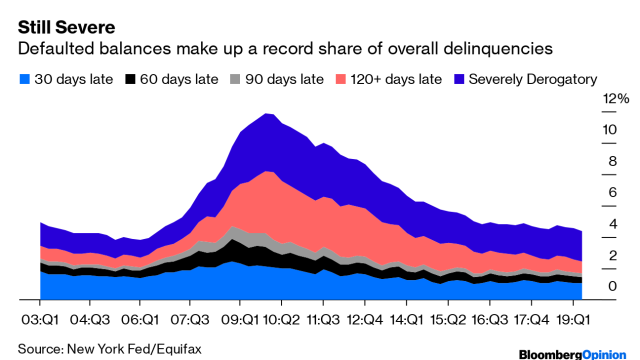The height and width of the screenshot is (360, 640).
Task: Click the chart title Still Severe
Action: tap(66, 27)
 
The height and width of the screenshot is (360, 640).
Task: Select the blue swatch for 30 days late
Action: tap(24, 79)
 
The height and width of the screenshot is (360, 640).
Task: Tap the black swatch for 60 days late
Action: tap(130, 79)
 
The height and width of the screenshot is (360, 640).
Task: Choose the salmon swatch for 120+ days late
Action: tap(341, 79)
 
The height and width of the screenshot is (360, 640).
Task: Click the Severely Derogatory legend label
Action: tap(533, 79)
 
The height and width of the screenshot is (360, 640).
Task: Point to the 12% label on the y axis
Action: tap(615, 99)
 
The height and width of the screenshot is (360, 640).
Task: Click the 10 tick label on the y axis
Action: tap(609, 130)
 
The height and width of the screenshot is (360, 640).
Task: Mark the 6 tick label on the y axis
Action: tap(612, 192)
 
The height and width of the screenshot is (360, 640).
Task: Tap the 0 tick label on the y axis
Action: tap(612, 286)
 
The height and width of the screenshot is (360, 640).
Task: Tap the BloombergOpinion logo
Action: tap(572, 354)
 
